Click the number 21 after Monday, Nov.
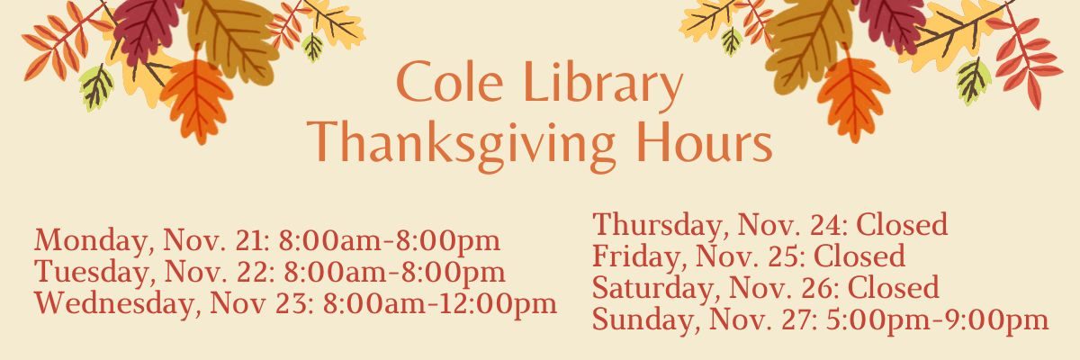click(x=252, y=241)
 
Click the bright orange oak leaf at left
click(x=197, y=99)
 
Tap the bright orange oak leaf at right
click(x=853, y=98)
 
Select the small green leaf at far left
click(x=96, y=86)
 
